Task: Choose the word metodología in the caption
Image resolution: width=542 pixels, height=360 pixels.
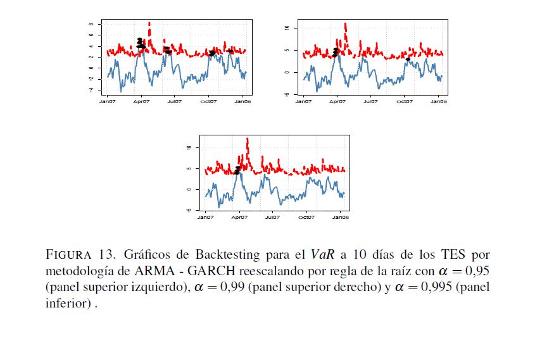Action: pyautogui.click(x=82, y=271)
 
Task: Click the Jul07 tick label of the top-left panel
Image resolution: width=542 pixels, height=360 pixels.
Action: pyautogui.click(x=174, y=101)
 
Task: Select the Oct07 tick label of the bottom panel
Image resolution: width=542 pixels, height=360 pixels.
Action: pyautogui.click(x=306, y=217)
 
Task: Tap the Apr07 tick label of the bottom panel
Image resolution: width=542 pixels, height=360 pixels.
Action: pyautogui.click(x=239, y=217)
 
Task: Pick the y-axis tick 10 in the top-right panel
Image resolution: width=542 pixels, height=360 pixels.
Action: pyautogui.click(x=287, y=28)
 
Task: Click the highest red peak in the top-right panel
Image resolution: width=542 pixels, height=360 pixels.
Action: pyautogui.click(x=345, y=25)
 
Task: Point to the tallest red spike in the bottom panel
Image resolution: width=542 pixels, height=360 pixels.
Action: pyautogui.click(x=247, y=140)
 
